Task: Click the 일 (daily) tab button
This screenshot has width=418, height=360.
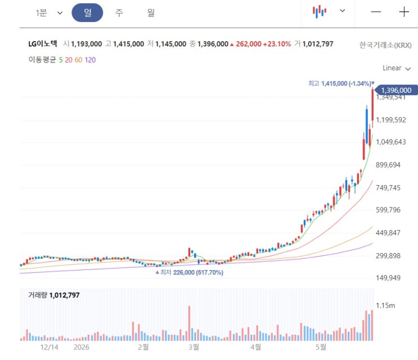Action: pos(87,12)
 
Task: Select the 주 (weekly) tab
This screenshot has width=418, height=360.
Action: pos(119,12)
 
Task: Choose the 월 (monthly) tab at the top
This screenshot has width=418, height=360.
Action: pos(151,12)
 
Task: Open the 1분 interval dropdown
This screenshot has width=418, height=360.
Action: pos(49,12)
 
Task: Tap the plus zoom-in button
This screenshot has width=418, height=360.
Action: pos(404,12)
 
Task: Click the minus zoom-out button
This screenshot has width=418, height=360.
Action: pos(376,12)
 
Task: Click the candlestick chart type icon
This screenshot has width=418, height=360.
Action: pos(320,11)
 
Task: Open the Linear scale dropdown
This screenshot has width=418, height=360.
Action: pos(397,68)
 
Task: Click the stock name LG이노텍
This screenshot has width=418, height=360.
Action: pos(43,43)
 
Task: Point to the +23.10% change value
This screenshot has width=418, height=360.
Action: pos(277,44)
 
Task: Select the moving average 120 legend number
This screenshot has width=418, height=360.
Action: pos(90,60)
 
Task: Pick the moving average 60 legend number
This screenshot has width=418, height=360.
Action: pos(78,60)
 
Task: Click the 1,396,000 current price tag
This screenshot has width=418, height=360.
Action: pos(396,91)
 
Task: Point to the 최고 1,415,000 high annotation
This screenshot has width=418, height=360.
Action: pos(341,83)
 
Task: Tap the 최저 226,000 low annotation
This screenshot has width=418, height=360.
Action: pos(190,272)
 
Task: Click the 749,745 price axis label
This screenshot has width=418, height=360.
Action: pos(388,188)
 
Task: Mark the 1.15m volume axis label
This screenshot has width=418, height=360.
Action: pos(385,305)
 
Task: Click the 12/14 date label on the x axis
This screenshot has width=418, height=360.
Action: pos(49,347)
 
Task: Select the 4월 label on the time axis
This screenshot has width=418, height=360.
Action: pos(255,347)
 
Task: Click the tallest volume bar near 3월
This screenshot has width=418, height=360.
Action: pos(189,323)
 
